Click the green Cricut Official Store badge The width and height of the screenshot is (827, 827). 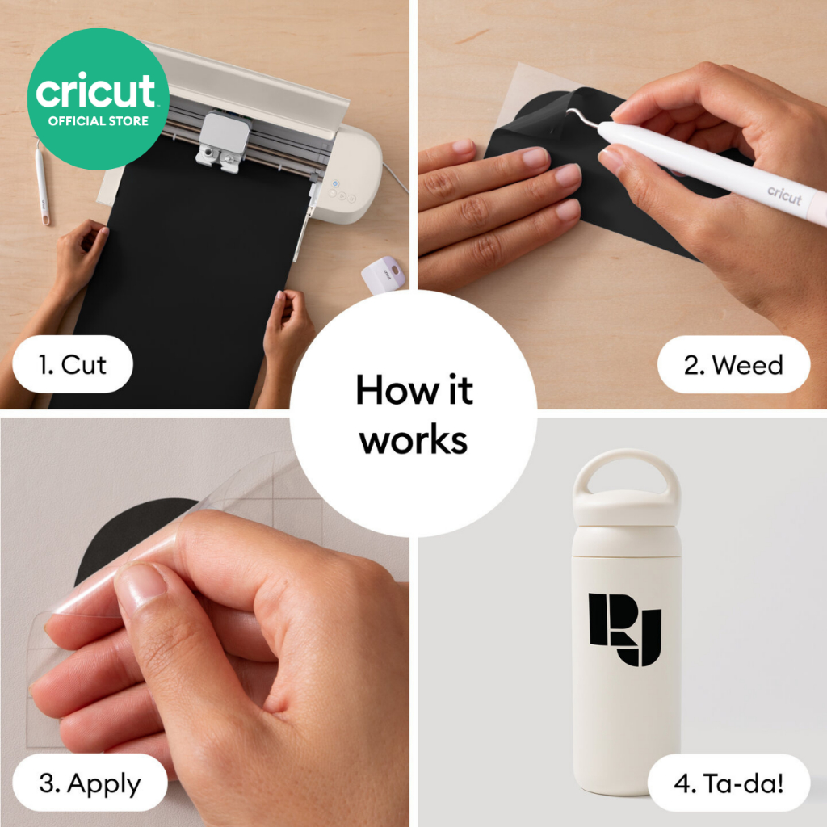click(98, 99)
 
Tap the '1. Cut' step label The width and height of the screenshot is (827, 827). click(73, 364)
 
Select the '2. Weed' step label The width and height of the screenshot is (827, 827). click(733, 365)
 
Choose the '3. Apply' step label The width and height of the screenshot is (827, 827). click(90, 783)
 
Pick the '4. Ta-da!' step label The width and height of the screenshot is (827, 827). click(729, 783)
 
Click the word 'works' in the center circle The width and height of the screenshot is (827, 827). click(413, 440)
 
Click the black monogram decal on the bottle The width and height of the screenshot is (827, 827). click(625, 629)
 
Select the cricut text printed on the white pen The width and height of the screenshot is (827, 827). click(784, 195)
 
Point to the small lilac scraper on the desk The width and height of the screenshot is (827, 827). click(384, 275)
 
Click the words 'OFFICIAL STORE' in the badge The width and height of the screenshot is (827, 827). click(98, 121)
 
